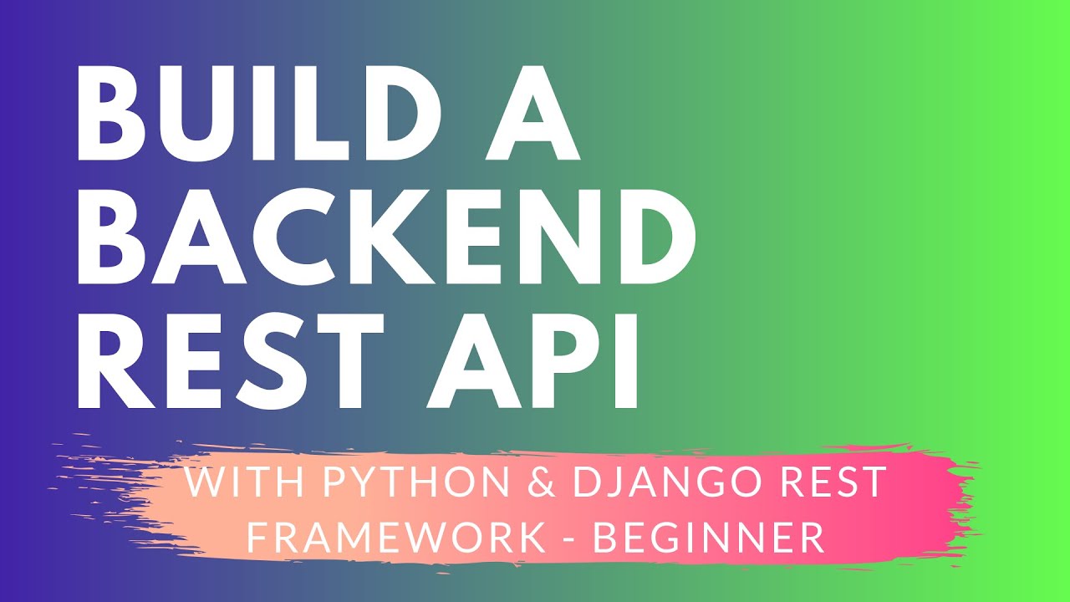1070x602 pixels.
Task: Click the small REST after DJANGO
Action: (833, 483)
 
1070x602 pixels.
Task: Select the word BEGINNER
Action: (709, 538)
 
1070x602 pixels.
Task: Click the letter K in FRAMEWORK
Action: (530, 538)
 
